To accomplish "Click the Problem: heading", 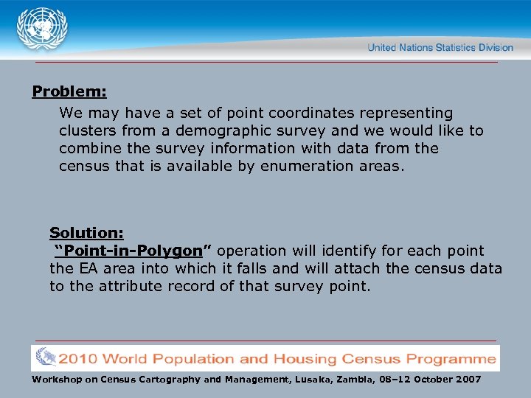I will tap(69, 92).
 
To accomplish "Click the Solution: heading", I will tap(86, 233).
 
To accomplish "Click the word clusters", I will tap(88, 130).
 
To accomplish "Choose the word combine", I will tap(89, 148).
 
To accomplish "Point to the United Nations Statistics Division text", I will tap(440, 47).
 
